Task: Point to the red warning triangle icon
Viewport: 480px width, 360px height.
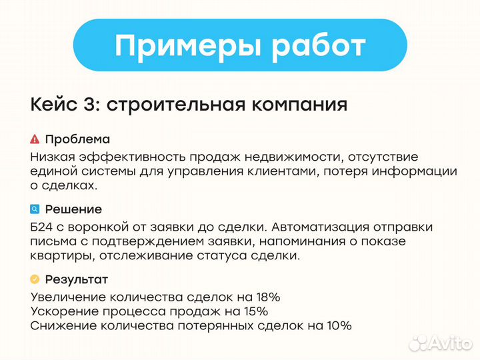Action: click(x=35, y=139)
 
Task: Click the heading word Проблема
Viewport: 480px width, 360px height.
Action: click(x=77, y=139)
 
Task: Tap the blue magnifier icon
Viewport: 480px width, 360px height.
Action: click(x=35, y=209)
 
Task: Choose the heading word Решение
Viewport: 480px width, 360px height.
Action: click(x=73, y=209)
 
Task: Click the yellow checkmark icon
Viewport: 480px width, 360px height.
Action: click(x=35, y=279)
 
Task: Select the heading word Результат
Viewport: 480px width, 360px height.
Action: click(x=76, y=279)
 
